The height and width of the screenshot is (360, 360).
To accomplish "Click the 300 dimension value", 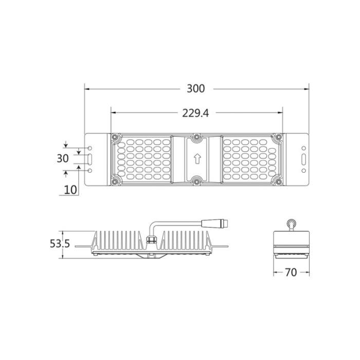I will (x=196, y=88).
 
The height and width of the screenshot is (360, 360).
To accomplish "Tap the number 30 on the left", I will (x=63, y=158).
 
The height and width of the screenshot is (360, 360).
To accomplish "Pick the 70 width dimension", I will (x=291, y=273).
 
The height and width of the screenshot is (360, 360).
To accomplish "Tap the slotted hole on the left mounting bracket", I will (x=91, y=158).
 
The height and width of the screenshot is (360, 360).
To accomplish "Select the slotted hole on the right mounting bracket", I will (x=303, y=158).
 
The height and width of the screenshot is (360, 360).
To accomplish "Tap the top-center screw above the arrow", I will (x=196, y=137).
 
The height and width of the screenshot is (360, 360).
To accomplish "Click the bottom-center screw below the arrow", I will (x=196, y=181).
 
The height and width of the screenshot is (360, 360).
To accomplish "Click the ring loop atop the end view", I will (x=292, y=223).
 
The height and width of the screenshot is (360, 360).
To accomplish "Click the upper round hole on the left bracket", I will (x=91, y=148).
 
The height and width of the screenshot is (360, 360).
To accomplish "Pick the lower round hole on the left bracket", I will (x=91, y=170).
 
